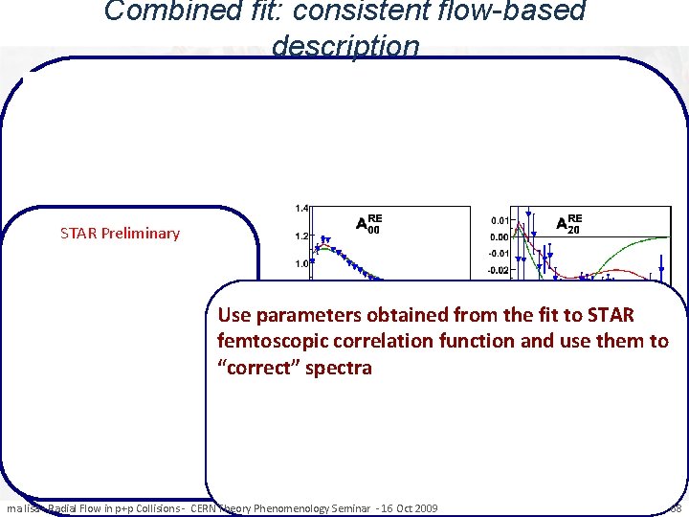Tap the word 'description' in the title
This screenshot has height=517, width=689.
344,45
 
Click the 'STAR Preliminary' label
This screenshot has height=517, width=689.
120,233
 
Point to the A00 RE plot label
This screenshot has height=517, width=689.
369,223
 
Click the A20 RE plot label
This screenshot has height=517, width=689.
569,223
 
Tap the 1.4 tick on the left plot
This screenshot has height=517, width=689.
300,208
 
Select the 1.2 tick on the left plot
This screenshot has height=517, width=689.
300,236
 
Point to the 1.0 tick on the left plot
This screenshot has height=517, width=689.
300,263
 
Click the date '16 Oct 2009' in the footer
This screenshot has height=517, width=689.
406,507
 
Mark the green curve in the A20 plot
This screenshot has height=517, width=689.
632,243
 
